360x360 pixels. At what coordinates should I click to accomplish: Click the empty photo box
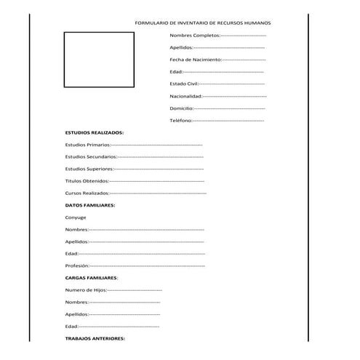click(x=98, y=59)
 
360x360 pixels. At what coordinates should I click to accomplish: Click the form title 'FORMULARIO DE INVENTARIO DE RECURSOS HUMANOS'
click(x=202, y=23)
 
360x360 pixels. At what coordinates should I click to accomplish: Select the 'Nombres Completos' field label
click(x=194, y=35)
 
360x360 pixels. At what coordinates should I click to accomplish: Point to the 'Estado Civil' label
click(x=183, y=84)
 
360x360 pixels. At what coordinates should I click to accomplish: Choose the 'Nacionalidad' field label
click(x=185, y=95)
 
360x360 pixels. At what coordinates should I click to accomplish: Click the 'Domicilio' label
click(x=181, y=108)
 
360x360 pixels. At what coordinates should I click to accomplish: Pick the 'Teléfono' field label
click(x=180, y=120)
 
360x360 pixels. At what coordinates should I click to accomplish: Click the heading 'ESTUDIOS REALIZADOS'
click(x=95, y=132)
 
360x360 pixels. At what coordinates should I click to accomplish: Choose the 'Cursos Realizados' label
click(x=87, y=193)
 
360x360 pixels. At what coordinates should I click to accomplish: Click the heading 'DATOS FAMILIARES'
click(x=90, y=205)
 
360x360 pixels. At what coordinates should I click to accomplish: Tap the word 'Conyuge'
click(x=76, y=217)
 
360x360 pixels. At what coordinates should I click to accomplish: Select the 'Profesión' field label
click(x=77, y=265)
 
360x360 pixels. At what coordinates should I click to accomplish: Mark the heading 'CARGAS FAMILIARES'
click(x=92, y=278)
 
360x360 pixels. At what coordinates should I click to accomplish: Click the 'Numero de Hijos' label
click(x=85, y=289)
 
